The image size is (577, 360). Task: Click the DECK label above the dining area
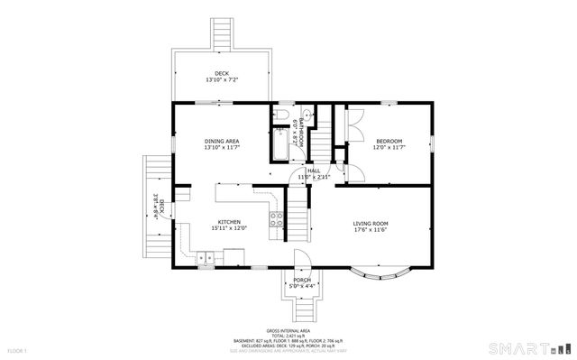pyautogui.click(x=221, y=73)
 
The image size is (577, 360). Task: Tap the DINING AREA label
pyautogui.click(x=221, y=141)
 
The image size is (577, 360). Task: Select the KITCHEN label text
pyautogui.click(x=228, y=221)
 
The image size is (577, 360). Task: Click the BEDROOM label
pyautogui.click(x=389, y=141)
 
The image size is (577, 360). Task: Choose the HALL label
pyautogui.click(x=314, y=170)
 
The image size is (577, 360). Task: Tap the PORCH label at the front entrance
pyautogui.click(x=302, y=280)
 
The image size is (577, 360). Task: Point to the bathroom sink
pyautogui.click(x=307, y=115)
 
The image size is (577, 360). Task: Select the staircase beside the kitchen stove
pyautogui.click(x=298, y=221)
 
